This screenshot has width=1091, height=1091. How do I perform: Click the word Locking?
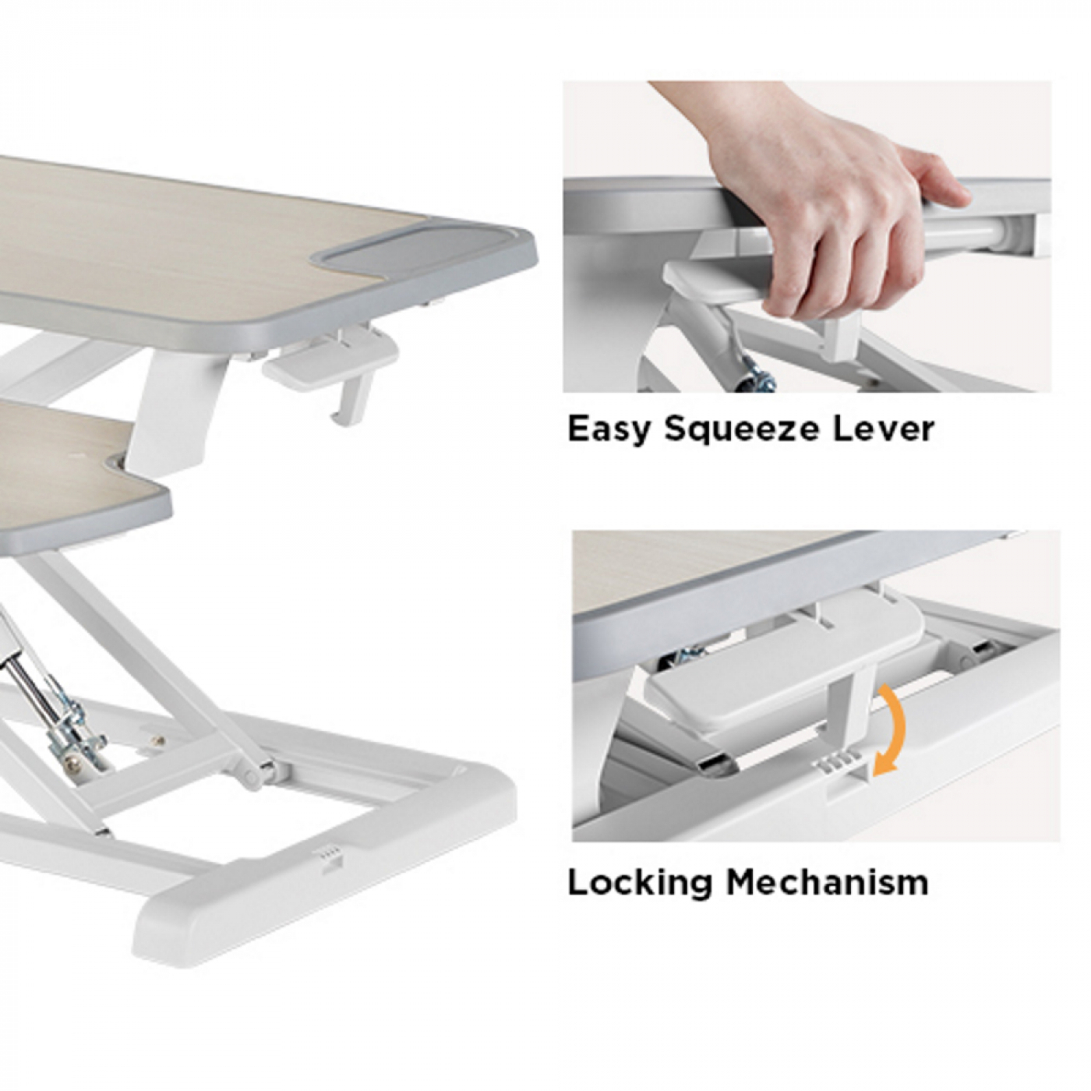click(640, 883)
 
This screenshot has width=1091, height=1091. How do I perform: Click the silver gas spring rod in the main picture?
click(31, 686)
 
